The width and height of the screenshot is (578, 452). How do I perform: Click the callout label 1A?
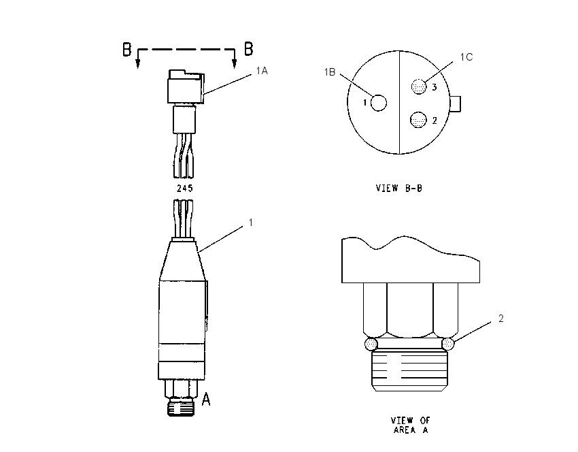262,71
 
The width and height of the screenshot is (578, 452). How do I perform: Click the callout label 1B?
330,72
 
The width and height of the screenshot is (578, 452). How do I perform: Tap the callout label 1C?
466,56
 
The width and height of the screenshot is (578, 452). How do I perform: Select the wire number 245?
185,188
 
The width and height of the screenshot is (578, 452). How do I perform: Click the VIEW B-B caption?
399,188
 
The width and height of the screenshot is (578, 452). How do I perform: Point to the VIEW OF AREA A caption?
411,425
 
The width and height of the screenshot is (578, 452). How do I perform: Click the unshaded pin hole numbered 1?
378,103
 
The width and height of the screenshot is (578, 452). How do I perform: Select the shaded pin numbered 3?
419,86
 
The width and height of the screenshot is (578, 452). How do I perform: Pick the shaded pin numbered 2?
418,120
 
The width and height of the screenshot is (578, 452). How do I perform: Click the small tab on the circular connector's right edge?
456,103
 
